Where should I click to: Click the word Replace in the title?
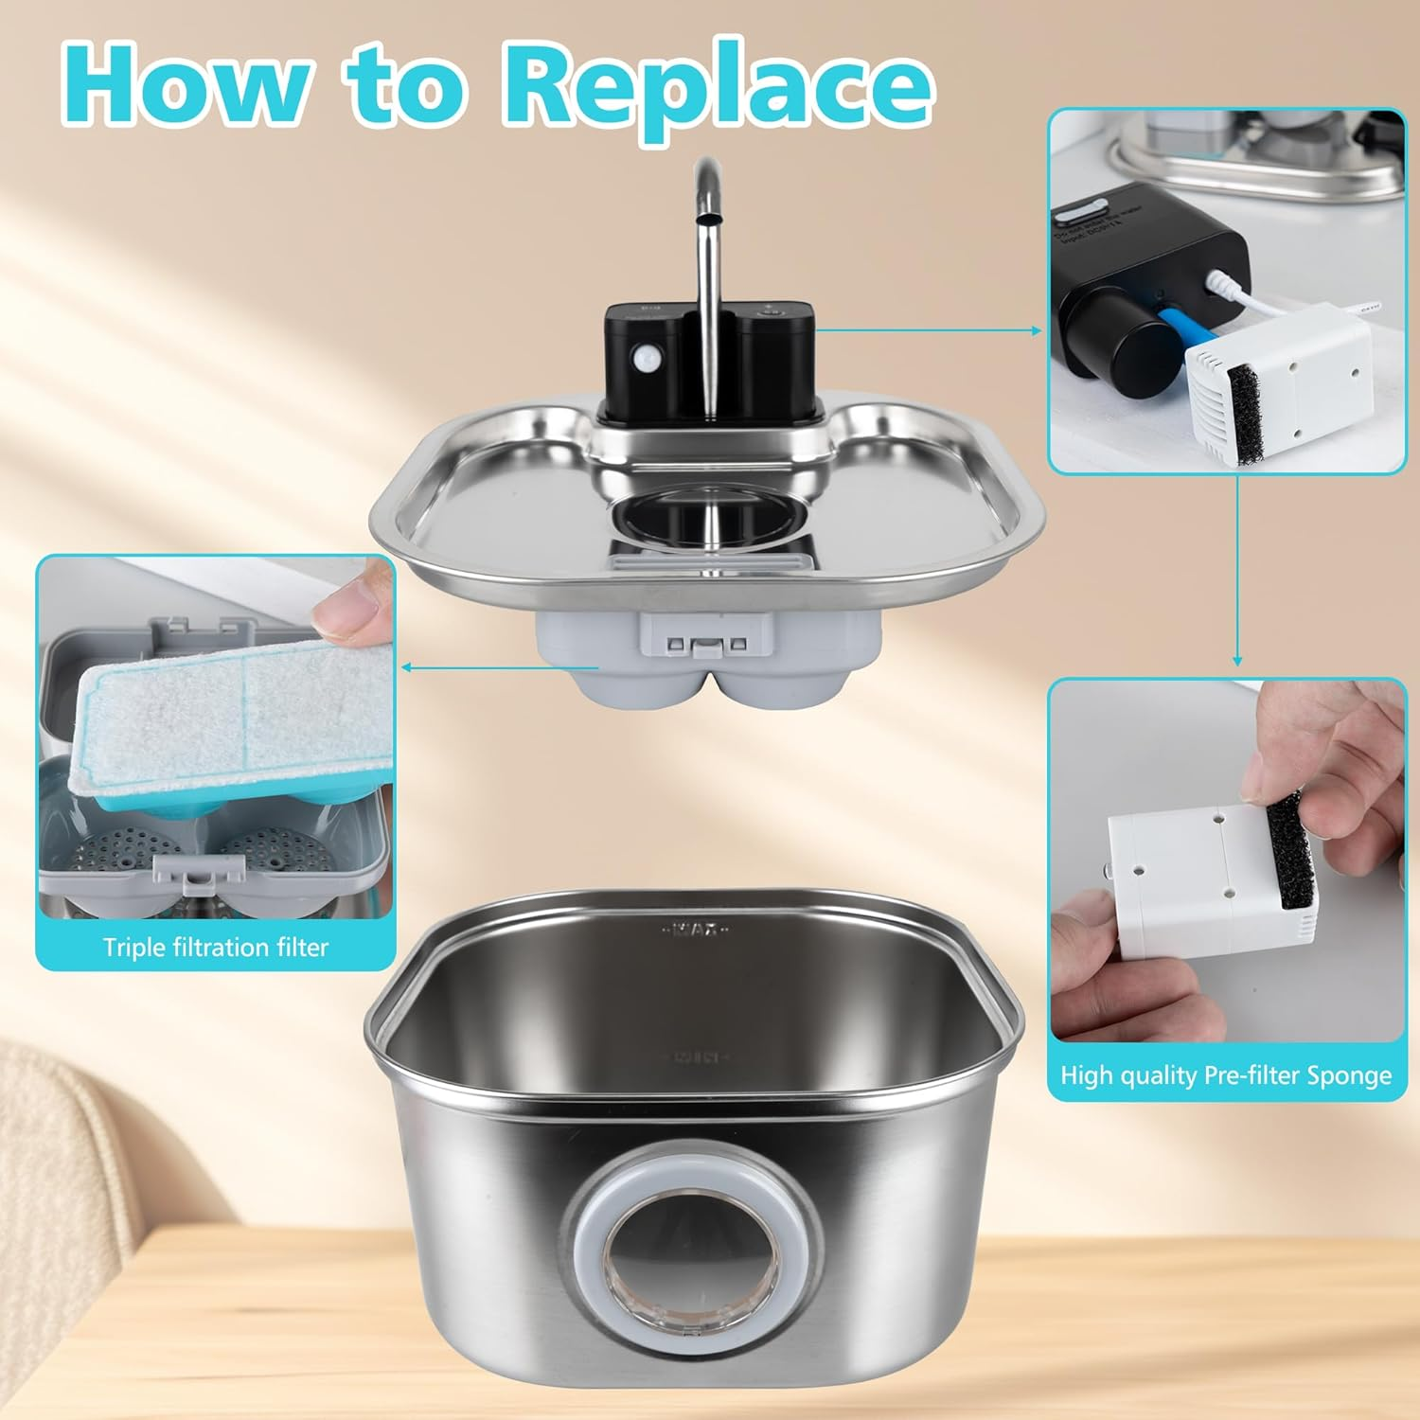[x=718, y=87]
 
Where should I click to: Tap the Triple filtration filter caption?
[x=216, y=948]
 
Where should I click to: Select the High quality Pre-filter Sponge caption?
[x=1226, y=1075]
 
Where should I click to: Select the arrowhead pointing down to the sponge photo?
[x=1237, y=660]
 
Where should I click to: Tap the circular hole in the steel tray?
[x=710, y=516]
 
